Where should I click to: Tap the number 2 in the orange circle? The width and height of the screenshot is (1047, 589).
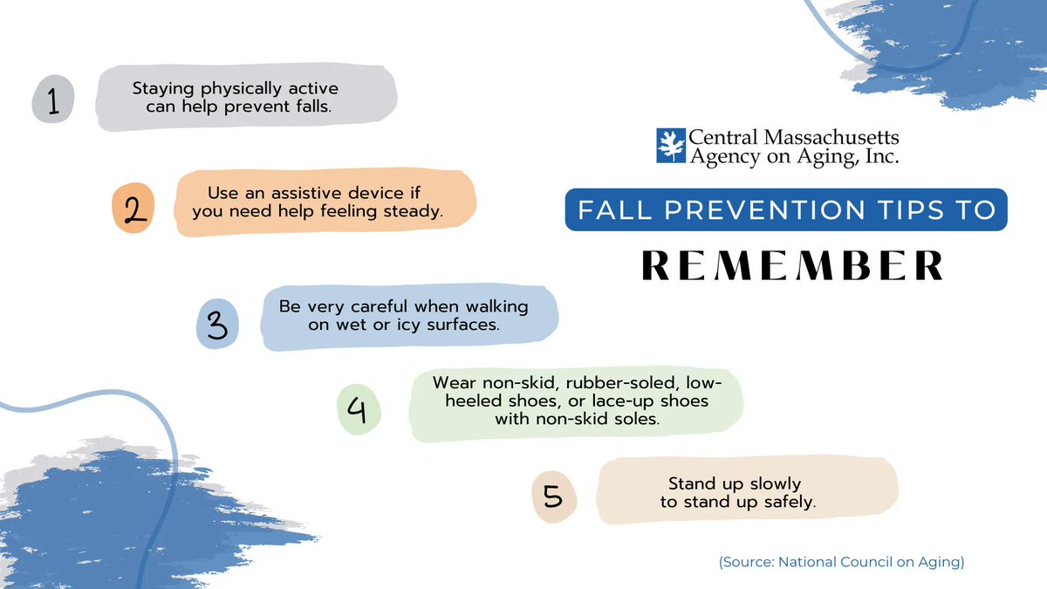133,210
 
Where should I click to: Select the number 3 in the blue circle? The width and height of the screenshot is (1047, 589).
217,325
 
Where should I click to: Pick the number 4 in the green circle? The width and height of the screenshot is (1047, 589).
359,409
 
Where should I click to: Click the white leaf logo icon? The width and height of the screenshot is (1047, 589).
669,146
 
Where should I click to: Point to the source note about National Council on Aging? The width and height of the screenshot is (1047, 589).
841,563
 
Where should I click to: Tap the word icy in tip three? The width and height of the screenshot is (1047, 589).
406,325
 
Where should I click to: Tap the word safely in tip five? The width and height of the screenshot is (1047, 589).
784,503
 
